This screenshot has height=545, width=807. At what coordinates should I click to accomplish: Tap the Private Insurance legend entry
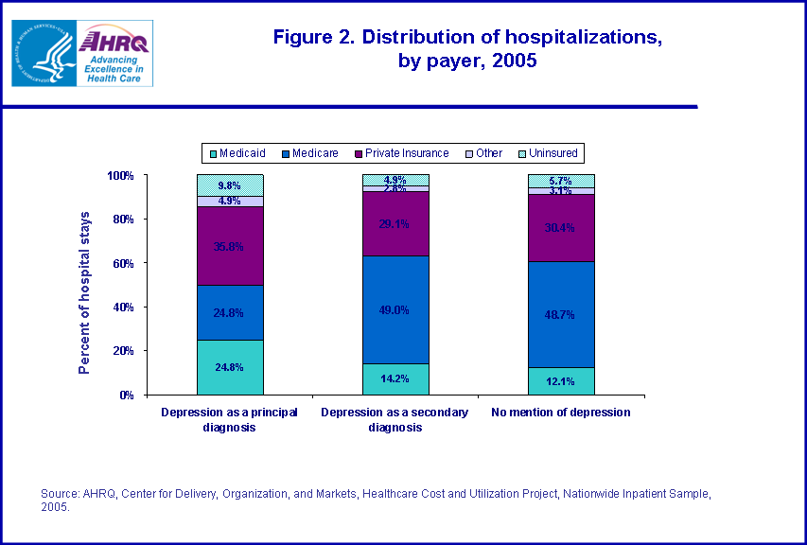pos(401,152)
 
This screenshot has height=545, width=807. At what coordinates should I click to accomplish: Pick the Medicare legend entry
pos(308,152)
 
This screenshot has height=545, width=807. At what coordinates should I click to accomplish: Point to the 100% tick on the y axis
pos(120,176)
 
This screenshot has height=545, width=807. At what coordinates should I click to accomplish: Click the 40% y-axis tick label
pos(123,308)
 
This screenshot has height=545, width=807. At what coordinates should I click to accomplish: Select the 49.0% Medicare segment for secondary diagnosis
pos(395,309)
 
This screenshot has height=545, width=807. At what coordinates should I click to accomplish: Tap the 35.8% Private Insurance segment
pos(230,246)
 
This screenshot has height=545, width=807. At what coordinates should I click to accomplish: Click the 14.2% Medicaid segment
pos(395,378)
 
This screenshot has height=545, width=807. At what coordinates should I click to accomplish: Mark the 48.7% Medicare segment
pos(561,314)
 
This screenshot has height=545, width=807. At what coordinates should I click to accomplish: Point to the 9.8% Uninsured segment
pos(230,185)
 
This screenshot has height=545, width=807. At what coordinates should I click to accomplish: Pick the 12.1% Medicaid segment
pos(561,381)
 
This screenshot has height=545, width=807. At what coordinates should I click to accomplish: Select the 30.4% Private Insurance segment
pos(561,227)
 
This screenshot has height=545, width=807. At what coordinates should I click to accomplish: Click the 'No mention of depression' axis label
pos(561,413)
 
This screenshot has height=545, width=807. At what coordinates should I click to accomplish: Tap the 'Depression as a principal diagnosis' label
pos(230,419)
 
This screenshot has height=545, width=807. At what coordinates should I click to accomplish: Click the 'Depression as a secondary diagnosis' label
pos(395,419)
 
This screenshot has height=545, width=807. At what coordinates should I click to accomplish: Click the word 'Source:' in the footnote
pos(57,494)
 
